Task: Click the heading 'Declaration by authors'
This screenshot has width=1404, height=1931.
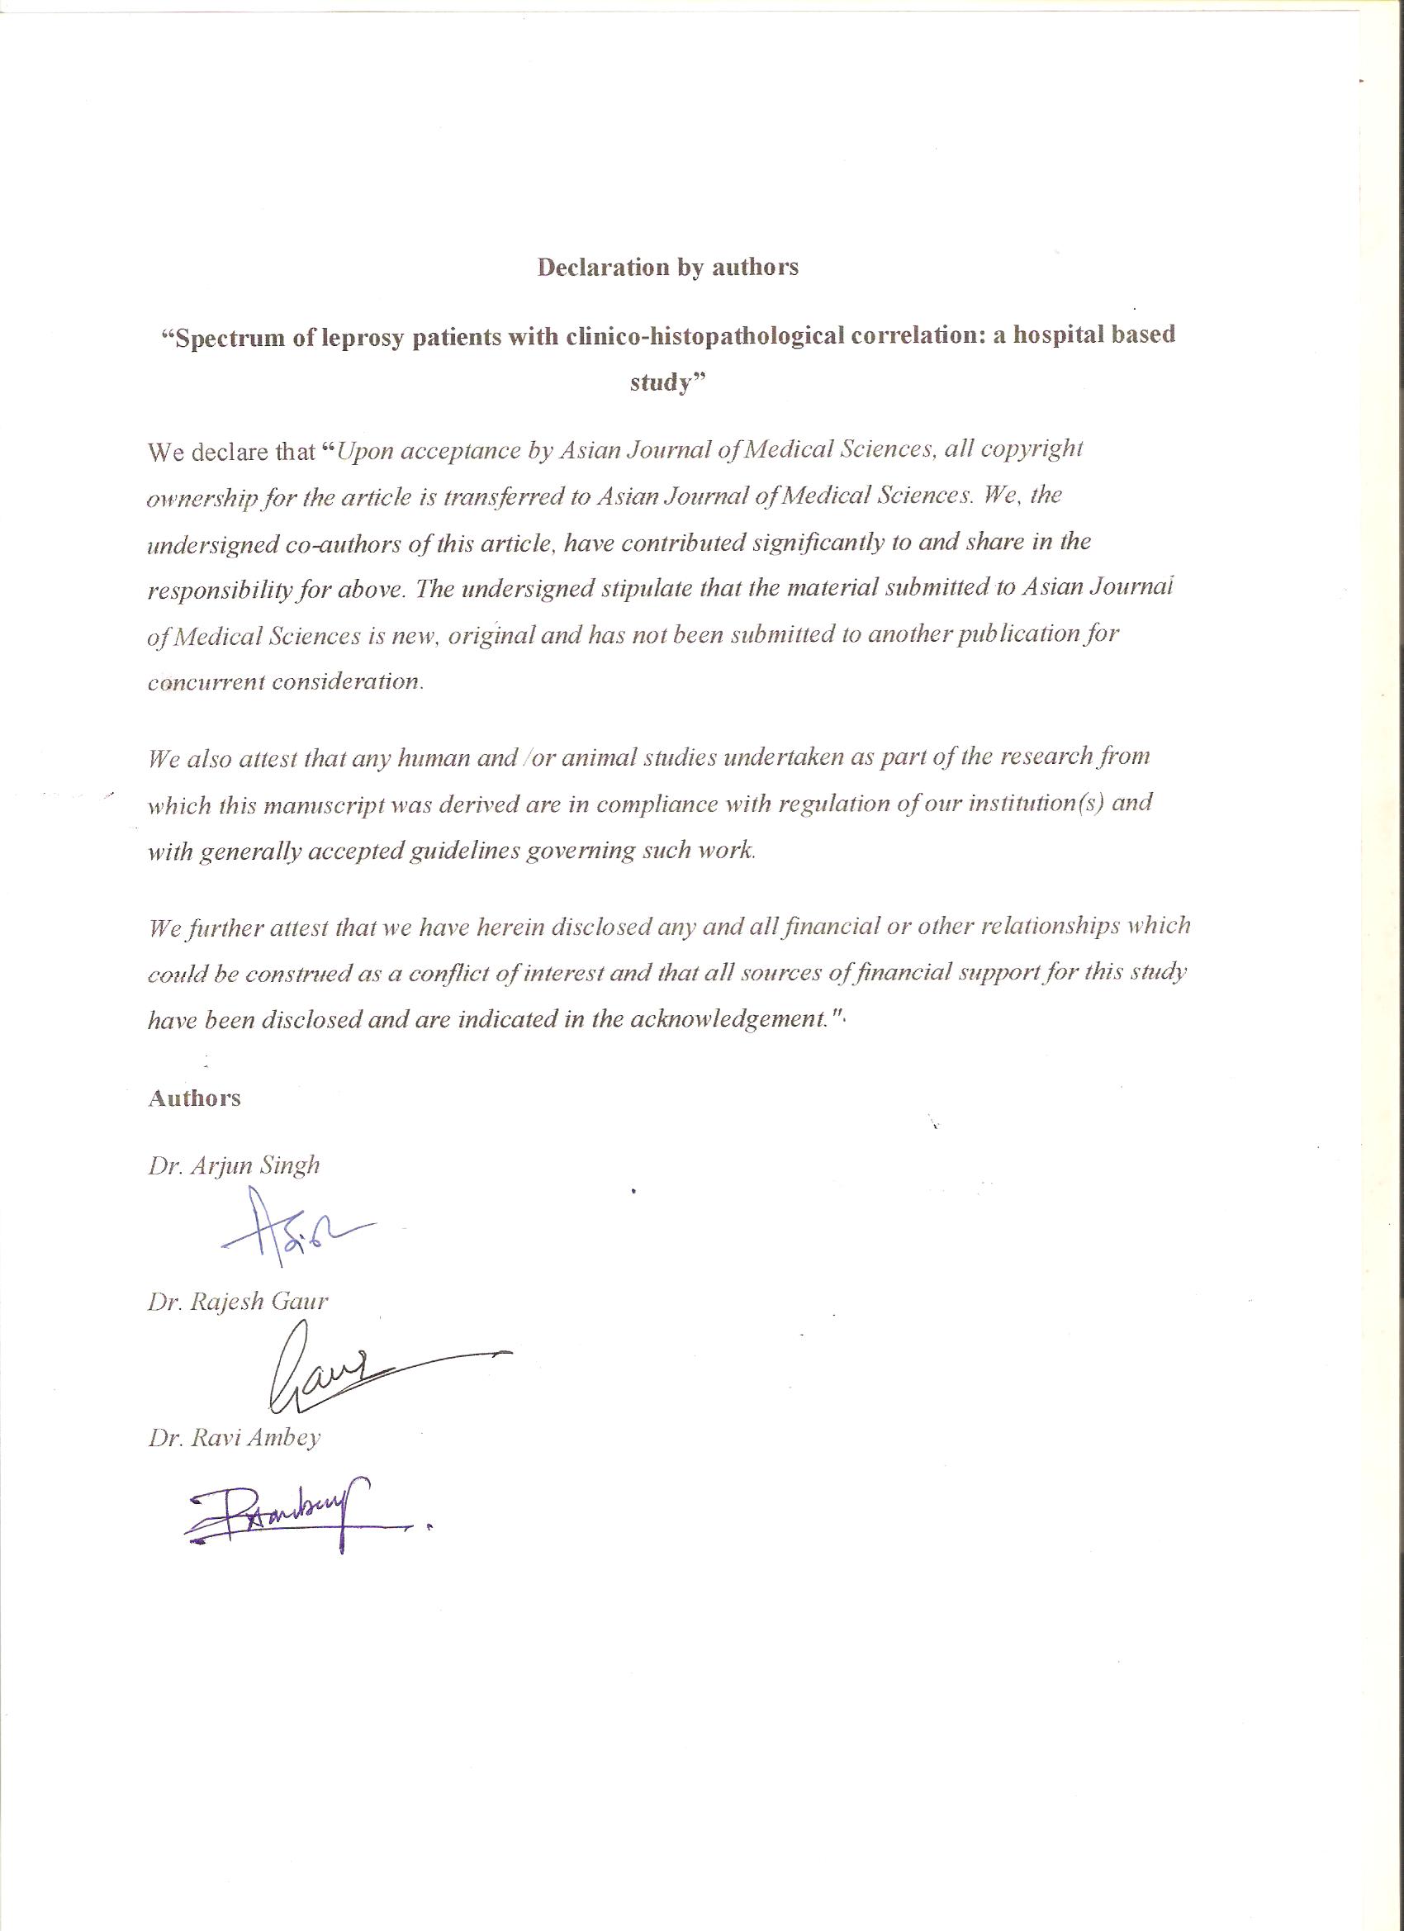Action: click(x=667, y=268)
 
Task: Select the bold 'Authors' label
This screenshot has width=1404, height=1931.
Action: click(x=194, y=1098)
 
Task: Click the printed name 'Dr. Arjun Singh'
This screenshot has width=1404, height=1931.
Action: click(x=235, y=1165)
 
